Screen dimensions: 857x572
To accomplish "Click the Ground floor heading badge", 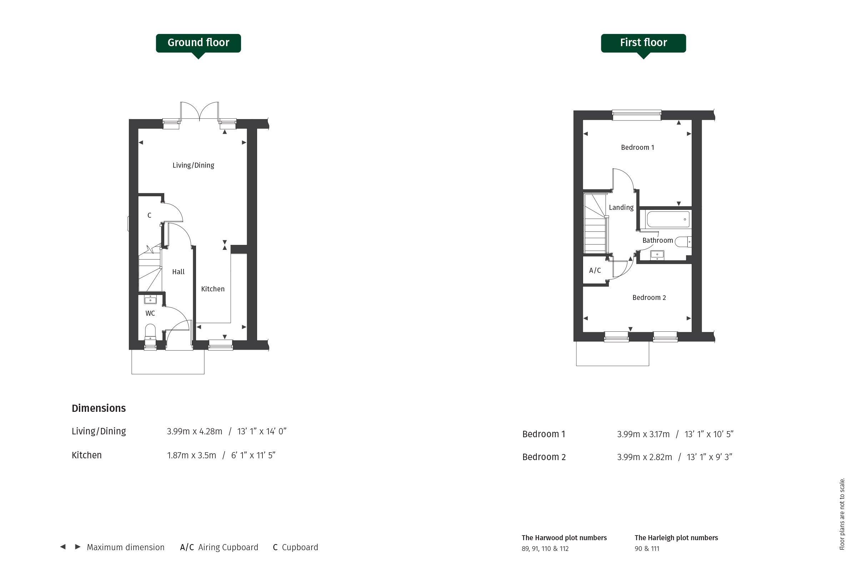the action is [198, 43].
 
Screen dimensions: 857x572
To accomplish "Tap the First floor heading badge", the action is [643, 43].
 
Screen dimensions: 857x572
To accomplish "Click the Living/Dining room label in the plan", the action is [193, 165].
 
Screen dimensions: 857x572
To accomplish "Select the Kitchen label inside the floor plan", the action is [213, 289].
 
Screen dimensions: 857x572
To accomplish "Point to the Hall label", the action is [178, 272].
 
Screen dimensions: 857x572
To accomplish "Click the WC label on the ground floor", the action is [150, 313].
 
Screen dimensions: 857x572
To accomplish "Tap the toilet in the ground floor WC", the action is [150, 332].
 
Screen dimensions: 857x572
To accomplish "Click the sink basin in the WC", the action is [150, 300].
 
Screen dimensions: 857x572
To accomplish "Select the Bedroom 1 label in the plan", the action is [637, 147].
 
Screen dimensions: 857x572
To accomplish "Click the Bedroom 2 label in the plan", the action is [649, 298].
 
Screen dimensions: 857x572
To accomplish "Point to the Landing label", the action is [621, 208].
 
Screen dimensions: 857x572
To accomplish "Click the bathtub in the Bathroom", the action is [668, 219].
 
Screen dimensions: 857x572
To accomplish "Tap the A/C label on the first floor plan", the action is [595, 270].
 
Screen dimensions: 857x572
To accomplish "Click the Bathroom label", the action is [657, 240].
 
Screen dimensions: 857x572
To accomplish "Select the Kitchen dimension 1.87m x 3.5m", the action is [191, 455].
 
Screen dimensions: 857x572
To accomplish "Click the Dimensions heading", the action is [99, 408].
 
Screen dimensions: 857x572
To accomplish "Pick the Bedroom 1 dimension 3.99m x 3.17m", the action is [643, 434].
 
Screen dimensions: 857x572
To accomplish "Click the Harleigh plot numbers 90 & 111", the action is [647, 549].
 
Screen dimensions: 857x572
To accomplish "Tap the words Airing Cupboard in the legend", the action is [228, 547].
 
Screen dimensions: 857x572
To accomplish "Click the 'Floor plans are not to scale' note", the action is [842, 514].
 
